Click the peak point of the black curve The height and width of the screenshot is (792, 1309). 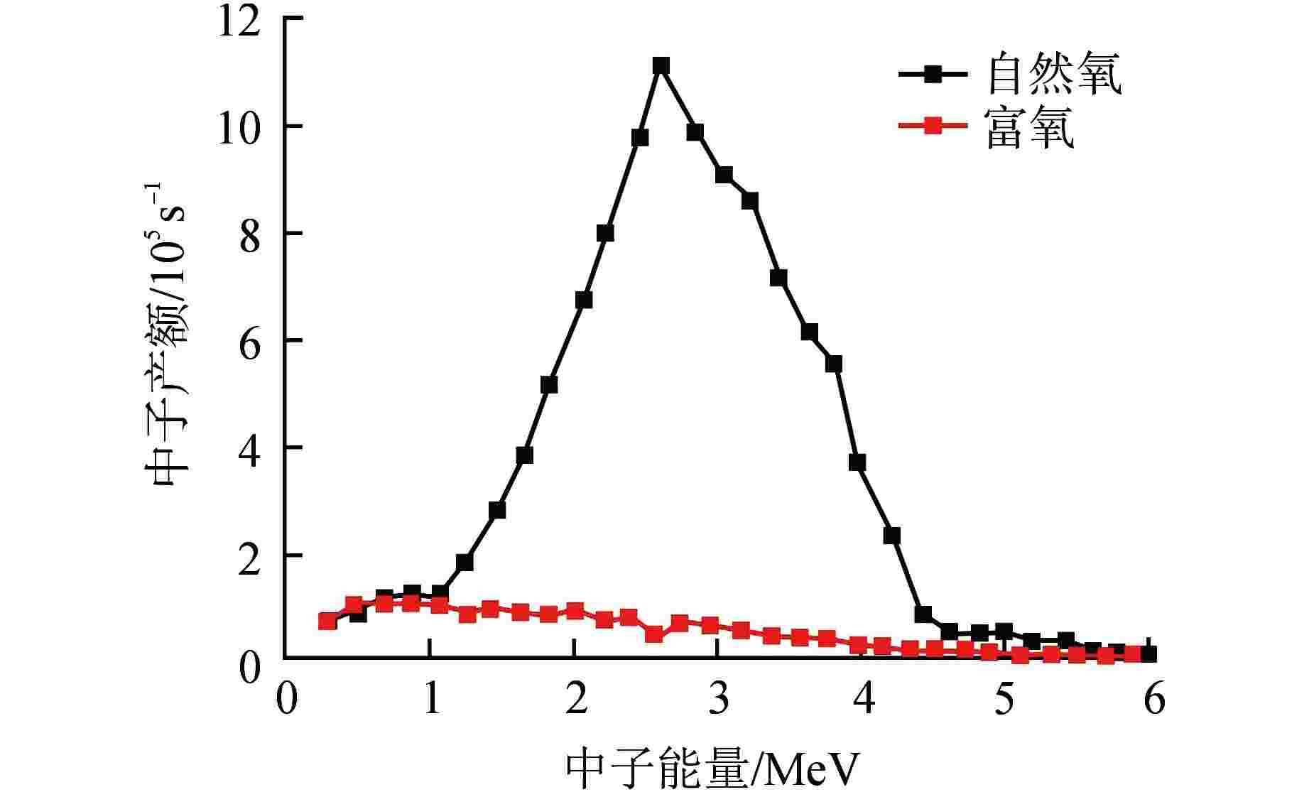coord(661,66)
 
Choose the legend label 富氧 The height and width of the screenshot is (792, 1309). coord(1030,128)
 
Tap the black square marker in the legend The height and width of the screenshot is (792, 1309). coord(933,74)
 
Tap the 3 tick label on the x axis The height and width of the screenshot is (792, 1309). coord(719,700)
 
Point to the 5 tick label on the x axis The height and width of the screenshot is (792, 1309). coord(1004,700)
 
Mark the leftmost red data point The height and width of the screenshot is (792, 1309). coord(327,622)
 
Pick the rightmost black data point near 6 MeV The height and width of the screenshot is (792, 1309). coord(1148,654)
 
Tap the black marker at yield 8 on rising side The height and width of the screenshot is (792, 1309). coord(605,233)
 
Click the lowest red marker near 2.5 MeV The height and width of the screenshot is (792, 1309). coord(654,634)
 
